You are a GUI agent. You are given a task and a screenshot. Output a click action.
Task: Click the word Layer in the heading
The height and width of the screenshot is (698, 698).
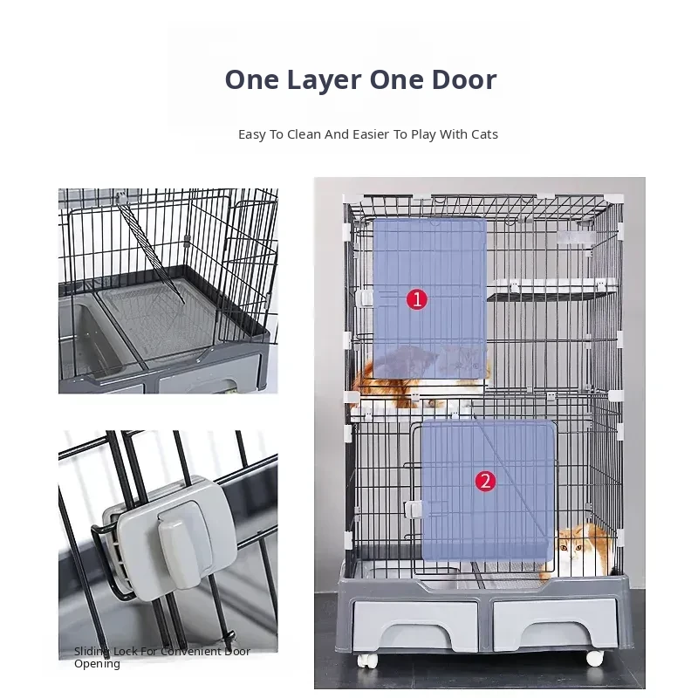click(324, 80)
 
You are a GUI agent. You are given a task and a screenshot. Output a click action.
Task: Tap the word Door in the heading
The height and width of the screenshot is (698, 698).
click(464, 79)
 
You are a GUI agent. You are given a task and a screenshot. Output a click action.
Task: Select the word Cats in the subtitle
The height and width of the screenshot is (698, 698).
click(485, 134)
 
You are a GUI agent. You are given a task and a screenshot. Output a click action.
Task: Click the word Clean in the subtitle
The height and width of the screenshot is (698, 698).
click(304, 134)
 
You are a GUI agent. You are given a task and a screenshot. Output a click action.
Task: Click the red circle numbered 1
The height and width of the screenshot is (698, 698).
click(417, 299)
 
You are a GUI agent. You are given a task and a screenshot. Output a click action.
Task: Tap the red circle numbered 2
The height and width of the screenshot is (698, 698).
click(485, 482)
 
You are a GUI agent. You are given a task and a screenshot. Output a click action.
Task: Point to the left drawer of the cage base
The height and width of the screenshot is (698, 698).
click(415, 626)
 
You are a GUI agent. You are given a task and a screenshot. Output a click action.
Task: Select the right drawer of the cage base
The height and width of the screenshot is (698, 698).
click(555, 625)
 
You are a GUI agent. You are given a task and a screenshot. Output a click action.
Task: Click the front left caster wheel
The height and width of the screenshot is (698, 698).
click(367, 661)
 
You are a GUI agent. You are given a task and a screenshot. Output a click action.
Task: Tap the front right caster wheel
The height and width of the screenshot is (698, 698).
click(595, 659)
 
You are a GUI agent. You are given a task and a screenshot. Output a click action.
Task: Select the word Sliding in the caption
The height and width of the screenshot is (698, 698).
click(92, 652)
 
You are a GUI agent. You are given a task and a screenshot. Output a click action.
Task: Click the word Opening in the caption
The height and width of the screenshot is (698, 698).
click(97, 664)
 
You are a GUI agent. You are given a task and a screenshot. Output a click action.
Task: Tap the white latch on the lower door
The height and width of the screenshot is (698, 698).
click(413, 510)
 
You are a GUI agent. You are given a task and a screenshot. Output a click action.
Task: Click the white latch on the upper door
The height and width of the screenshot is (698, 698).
click(364, 298)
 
